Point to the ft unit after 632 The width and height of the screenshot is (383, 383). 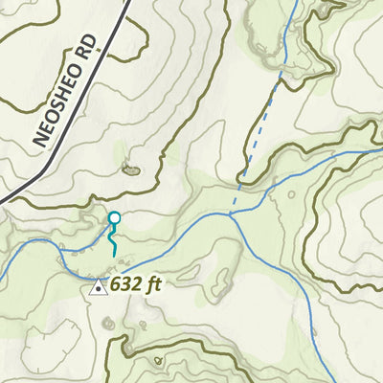click(x=151, y=284)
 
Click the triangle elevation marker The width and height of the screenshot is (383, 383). click(x=98, y=285)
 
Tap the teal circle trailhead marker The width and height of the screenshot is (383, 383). click(x=114, y=218)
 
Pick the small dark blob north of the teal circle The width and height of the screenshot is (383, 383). click(x=130, y=170)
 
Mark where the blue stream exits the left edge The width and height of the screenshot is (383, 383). click(x=2, y=281)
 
